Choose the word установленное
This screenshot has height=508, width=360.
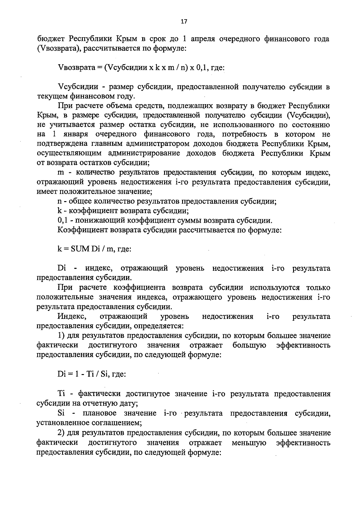(59, 423)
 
